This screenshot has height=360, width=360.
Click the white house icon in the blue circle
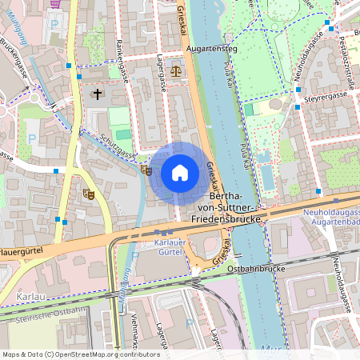pyautogui.click(x=179, y=172)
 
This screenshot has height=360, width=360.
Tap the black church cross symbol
pyautogui.click(x=98, y=94)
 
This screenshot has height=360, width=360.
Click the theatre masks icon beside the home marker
pyautogui.click(x=146, y=170)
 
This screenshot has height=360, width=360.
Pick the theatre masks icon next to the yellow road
pyautogui.click(x=88, y=193)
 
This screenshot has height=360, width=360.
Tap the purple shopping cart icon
pyautogui.click(x=54, y=3)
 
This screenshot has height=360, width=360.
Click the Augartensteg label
pyautogui.click(x=208, y=48)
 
